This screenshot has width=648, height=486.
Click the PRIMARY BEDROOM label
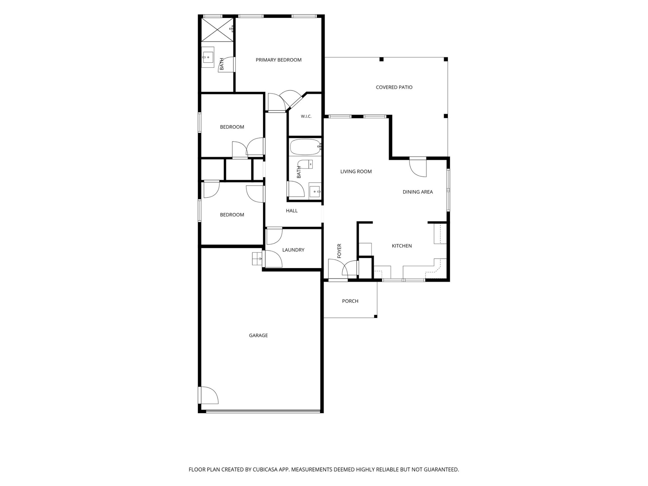[x=278, y=60]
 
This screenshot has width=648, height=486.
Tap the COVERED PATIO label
[x=394, y=87]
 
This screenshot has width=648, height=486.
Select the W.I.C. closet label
[x=306, y=116]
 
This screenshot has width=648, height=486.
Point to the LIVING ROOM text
[x=356, y=171]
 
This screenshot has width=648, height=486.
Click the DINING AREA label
[x=418, y=192]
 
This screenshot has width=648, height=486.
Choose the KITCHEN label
[x=402, y=246]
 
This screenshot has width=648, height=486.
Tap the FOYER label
[x=339, y=251]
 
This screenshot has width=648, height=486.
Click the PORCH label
[x=350, y=301]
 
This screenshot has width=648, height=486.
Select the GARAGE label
[x=258, y=335]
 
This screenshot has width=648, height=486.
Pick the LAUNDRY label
[x=293, y=250]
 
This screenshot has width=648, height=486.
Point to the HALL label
[x=292, y=211]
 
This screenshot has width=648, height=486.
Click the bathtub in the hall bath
[x=305, y=147]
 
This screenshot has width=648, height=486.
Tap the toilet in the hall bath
[x=305, y=165]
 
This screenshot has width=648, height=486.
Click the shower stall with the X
[x=217, y=29]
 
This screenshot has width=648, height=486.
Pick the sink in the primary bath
[x=208, y=57]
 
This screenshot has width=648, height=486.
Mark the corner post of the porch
[x=376, y=316]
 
